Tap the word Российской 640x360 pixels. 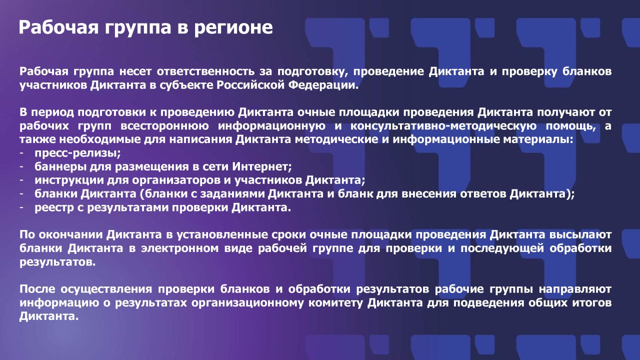click(250, 85)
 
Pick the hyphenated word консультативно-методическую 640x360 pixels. click(443, 126)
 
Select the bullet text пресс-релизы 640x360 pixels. click(77, 153)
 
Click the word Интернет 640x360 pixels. click(262, 166)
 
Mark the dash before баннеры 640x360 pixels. click(21, 167)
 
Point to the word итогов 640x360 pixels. click(591, 303)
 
